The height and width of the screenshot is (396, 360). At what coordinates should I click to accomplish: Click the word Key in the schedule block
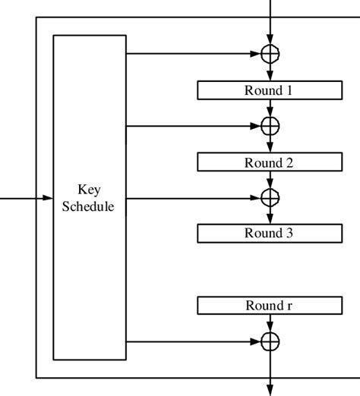point(90,190)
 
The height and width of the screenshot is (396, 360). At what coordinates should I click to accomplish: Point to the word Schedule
point(90,206)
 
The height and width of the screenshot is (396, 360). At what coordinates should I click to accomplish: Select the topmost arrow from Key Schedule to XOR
point(194,54)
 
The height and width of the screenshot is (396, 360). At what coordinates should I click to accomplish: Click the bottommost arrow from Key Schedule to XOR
point(194,341)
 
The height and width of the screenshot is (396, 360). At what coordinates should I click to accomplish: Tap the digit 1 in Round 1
point(289,90)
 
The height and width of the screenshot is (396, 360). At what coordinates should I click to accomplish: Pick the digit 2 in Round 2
point(289,162)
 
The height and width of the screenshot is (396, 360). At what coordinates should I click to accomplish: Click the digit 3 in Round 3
point(289,233)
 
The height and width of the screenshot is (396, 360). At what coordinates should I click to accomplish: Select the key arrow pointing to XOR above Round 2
point(194,125)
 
